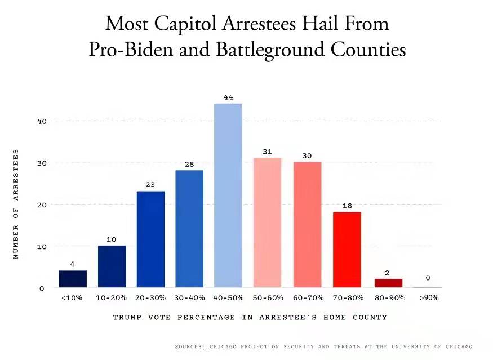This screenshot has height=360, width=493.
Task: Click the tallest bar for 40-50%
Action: (x=228, y=195)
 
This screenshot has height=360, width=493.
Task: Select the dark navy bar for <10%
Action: (x=73, y=279)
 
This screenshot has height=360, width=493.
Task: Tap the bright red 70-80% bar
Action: (x=347, y=250)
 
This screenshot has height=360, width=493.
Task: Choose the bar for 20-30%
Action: (x=150, y=239)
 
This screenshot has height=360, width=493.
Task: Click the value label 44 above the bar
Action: (x=228, y=97)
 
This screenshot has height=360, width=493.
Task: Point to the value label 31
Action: (x=268, y=152)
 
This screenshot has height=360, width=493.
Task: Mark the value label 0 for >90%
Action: (x=428, y=278)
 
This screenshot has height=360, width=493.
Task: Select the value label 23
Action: (x=150, y=185)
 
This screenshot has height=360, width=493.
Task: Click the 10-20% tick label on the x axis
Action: (x=111, y=297)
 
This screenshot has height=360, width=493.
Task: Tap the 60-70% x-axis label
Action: (x=307, y=297)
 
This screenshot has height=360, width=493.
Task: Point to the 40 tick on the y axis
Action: (x=42, y=121)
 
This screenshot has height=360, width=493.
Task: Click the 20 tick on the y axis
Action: (x=42, y=205)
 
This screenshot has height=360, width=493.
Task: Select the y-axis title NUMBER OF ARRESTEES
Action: (x=16, y=204)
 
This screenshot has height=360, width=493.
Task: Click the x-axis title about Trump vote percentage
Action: (x=250, y=317)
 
